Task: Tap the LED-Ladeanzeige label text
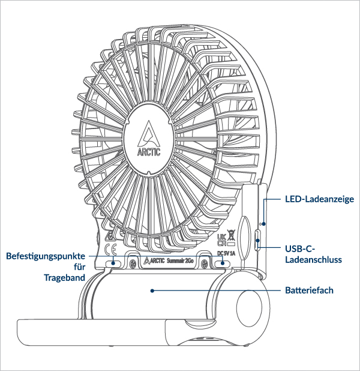click(319, 199)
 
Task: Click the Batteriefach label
click(308, 291)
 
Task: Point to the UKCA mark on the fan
click(220, 239)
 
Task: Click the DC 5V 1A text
click(225, 253)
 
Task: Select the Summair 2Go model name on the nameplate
click(180, 261)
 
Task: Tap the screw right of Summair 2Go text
click(205, 262)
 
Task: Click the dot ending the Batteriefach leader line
click(153, 291)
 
